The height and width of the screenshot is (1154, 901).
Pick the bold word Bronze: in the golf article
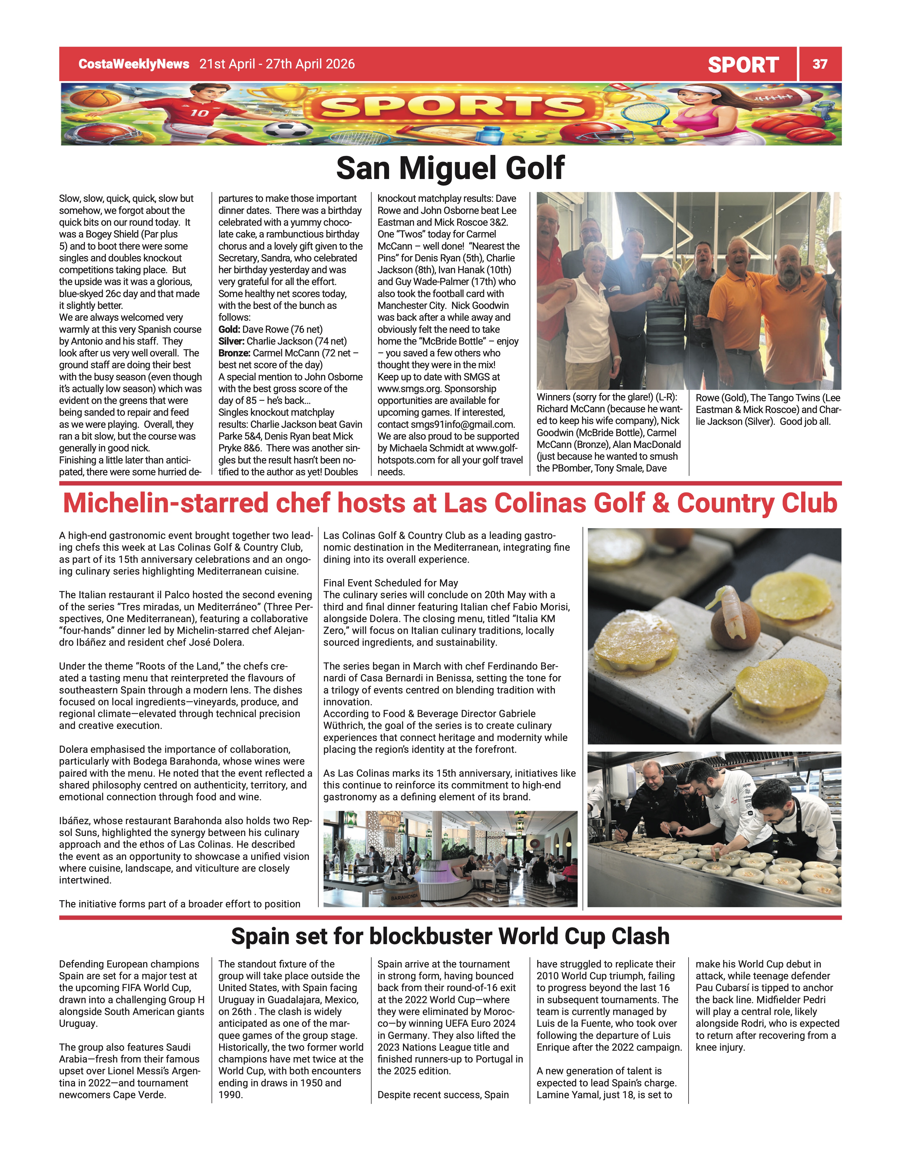235,353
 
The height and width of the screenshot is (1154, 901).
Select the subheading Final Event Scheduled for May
390,583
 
